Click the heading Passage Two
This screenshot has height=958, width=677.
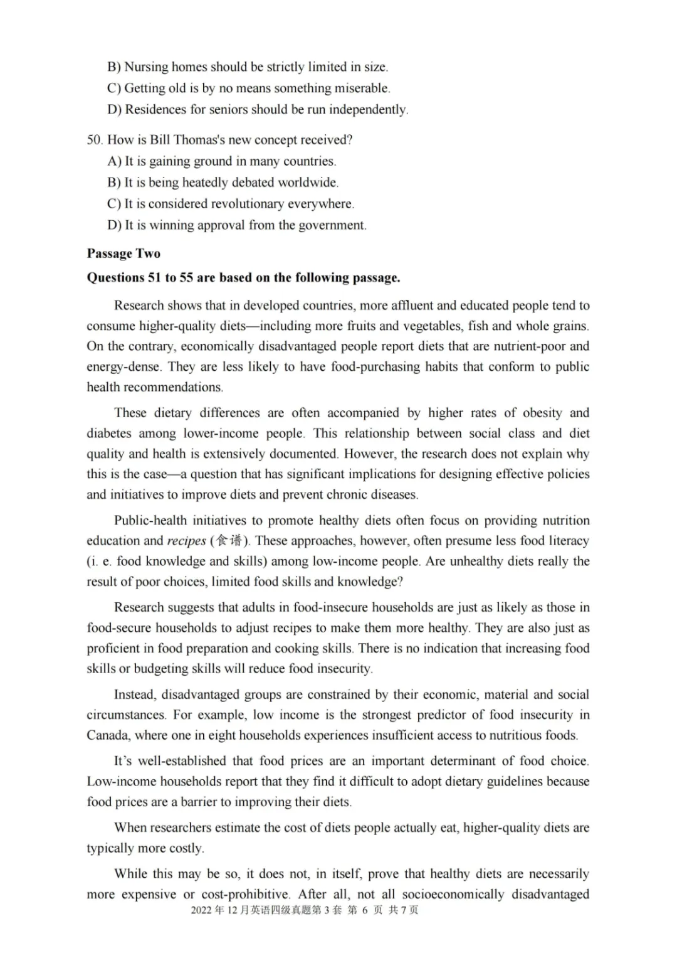(123, 253)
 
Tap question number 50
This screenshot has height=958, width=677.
(94, 140)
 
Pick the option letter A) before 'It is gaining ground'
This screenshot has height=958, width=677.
(114, 161)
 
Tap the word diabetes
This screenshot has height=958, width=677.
(109, 434)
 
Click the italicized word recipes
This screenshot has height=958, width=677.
(186, 541)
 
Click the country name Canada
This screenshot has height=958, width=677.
(107, 735)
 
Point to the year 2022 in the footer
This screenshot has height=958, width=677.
(201, 910)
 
